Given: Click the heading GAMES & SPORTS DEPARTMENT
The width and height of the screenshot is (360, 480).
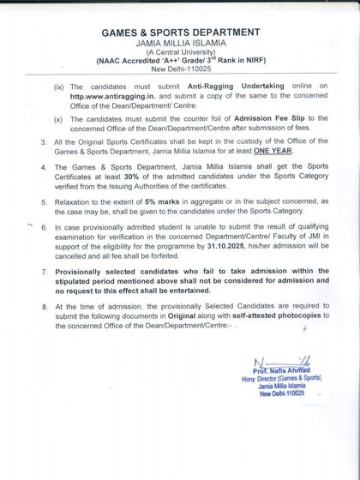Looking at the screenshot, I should pyautogui.click(x=180, y=32).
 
